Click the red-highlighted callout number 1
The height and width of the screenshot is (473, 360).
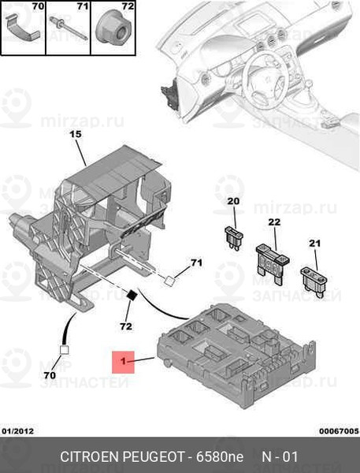[123, 361]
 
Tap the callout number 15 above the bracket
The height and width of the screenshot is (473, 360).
[76, 134]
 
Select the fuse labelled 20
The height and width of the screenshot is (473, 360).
[234, 238]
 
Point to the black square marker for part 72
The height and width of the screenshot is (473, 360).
[132, 295]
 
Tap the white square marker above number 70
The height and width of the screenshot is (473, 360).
[65, 350]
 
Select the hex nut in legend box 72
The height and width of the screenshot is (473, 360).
[112, 29]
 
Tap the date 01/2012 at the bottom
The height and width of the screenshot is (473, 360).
[18, 430]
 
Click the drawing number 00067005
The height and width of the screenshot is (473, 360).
[340, 431]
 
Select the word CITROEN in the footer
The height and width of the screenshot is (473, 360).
[90, 456]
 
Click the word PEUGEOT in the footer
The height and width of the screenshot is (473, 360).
[153, 456]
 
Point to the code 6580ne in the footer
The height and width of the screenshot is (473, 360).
[220, 456]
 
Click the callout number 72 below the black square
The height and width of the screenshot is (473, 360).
[126, 326]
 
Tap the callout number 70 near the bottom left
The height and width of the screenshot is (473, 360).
[50, 375]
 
